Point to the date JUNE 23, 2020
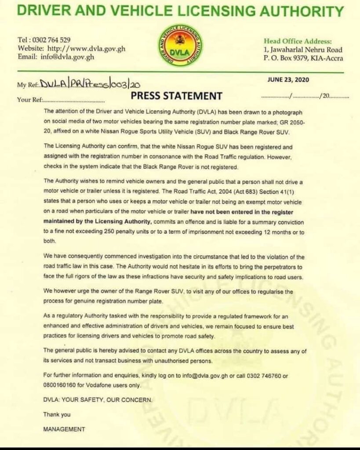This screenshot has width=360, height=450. [288, 80]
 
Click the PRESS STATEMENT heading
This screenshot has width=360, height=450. [176, 96]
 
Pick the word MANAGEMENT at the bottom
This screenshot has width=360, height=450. [64, 429]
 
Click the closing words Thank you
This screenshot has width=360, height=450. [57, 414]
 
